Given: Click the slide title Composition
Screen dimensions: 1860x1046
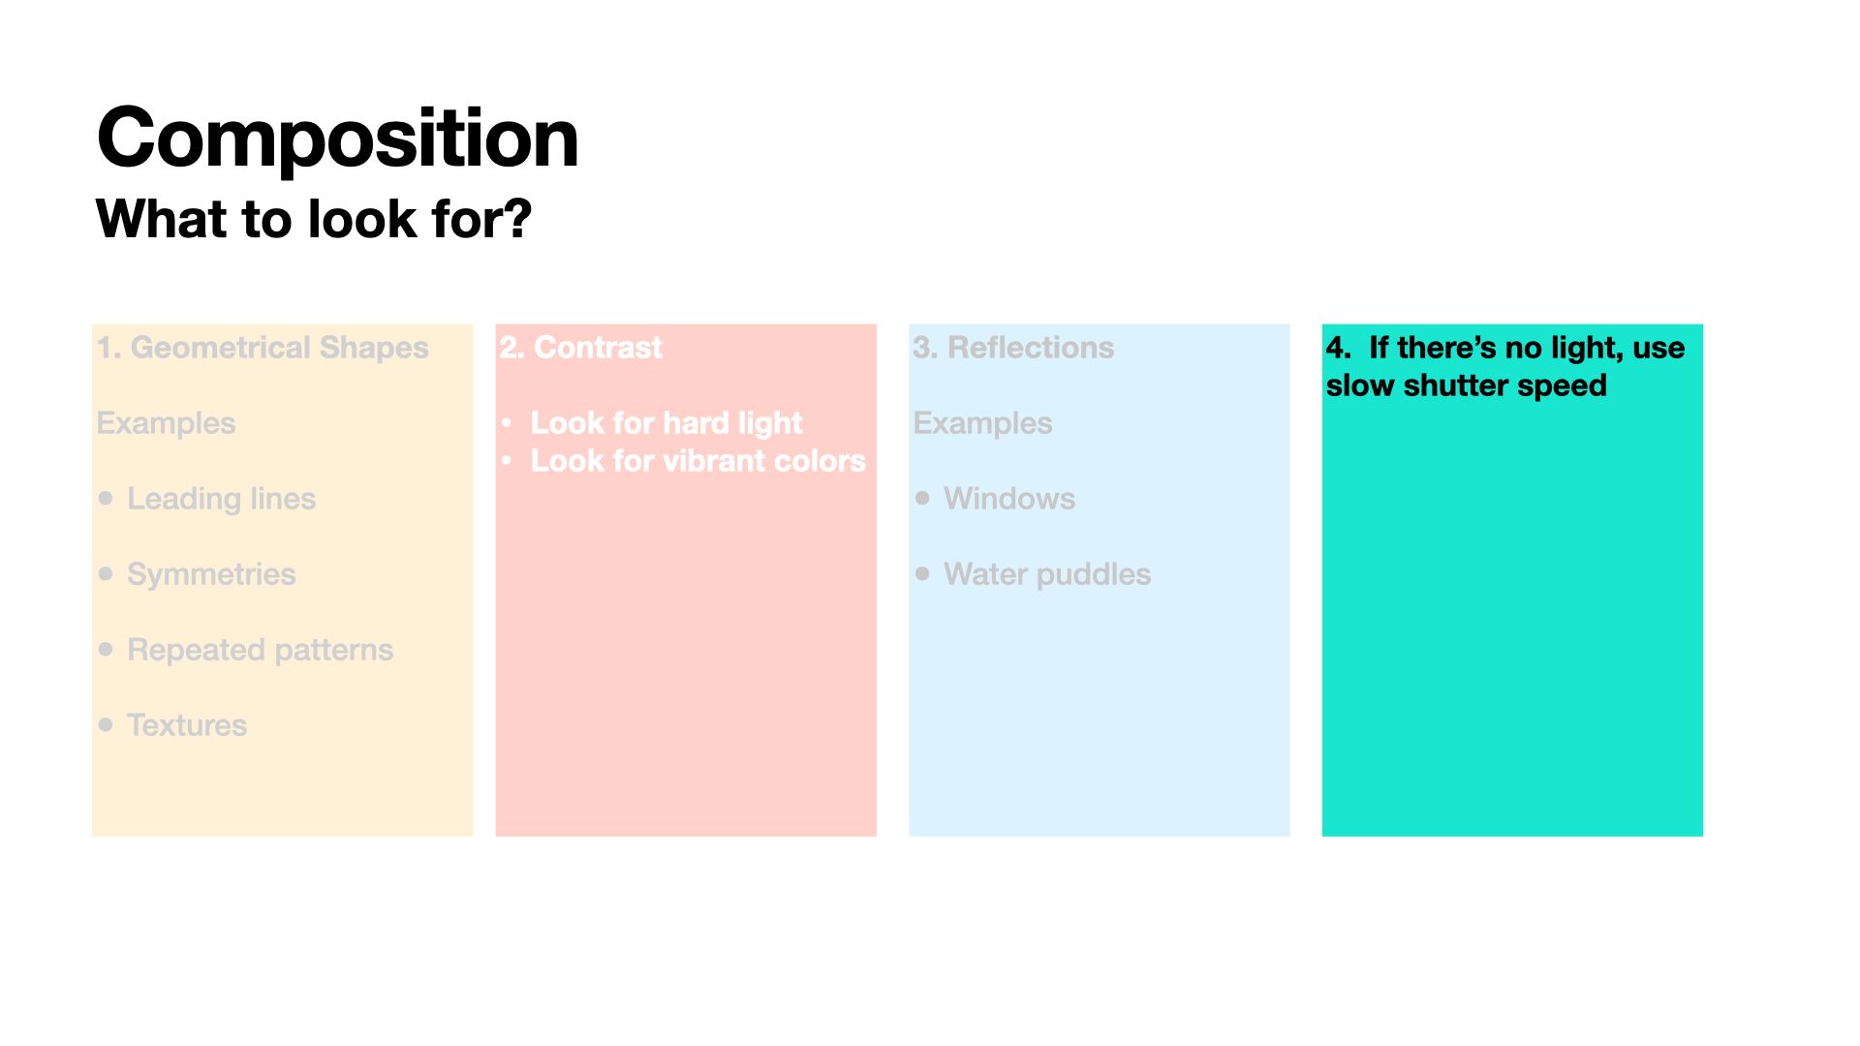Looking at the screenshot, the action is [x=337, y=139].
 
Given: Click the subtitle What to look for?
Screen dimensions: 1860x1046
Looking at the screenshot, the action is [x=314, y=219].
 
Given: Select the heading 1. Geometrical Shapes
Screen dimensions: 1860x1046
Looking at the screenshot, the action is [x=263, y=348].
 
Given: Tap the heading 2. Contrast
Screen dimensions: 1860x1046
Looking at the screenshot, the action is [x=581, y=347].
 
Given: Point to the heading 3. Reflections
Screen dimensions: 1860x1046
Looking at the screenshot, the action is [x=1013, y=347].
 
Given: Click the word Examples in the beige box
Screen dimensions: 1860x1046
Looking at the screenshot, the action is [x=166, y=423].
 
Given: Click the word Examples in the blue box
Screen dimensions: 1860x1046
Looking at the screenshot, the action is [x=982, y=423].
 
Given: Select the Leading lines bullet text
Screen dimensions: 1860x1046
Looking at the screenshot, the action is [x=222, y=499].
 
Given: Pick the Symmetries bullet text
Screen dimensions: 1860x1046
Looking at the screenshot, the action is [x=211, y=574].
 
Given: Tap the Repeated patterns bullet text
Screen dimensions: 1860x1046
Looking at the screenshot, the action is [x=261, y=650].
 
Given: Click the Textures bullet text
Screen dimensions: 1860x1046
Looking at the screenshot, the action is [x=187, y=725].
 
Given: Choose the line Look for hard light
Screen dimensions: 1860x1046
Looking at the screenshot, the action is [x=666, y=423].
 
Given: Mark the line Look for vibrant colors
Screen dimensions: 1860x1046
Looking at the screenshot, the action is [x=697, y=461].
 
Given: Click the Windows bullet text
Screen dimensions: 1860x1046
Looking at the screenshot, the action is [x=1009, y=499].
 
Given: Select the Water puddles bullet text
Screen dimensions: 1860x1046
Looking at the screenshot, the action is [x=1047, y=574].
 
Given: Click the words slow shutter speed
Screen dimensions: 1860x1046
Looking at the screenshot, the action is [x=1467, y=385].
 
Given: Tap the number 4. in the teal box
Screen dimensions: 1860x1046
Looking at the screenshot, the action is [x=1339, y=347].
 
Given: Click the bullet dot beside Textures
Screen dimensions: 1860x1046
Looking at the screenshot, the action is [x=106, y=724].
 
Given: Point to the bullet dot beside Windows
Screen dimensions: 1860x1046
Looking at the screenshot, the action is [x=922, y=498].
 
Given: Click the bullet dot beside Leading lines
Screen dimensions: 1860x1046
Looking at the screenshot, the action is [x=106, y=498].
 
